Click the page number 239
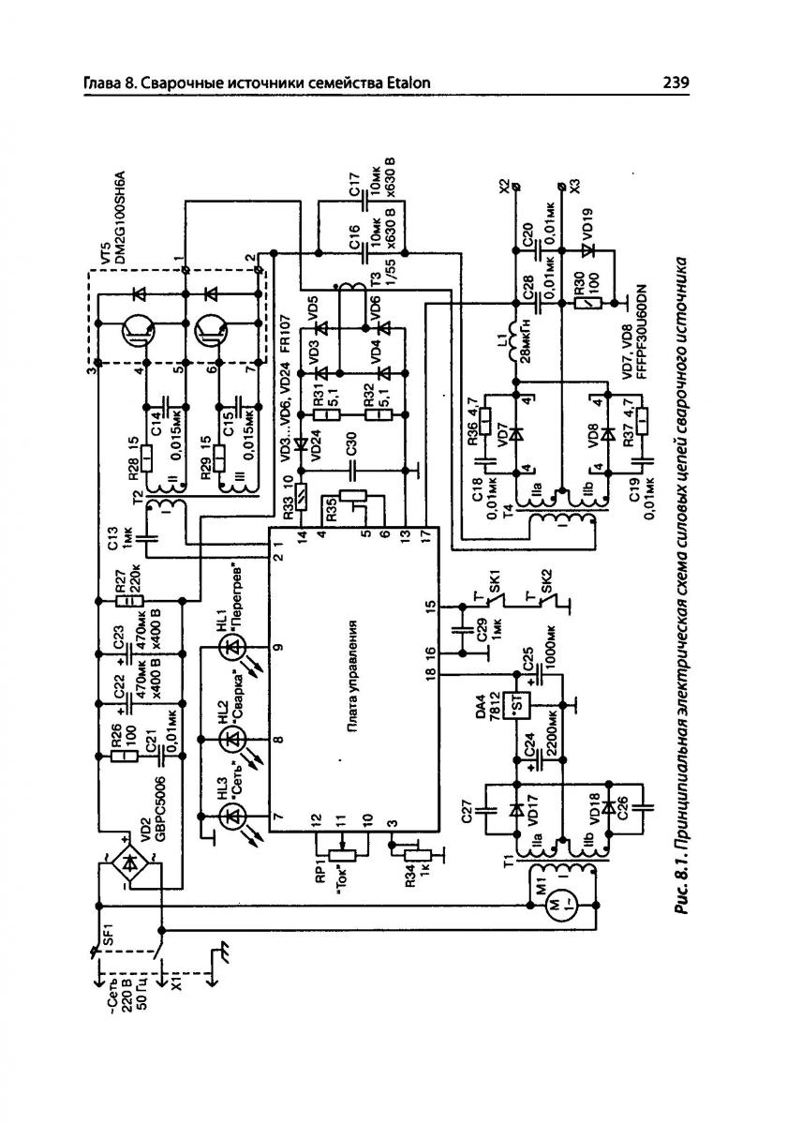click(x=675, y=83)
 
